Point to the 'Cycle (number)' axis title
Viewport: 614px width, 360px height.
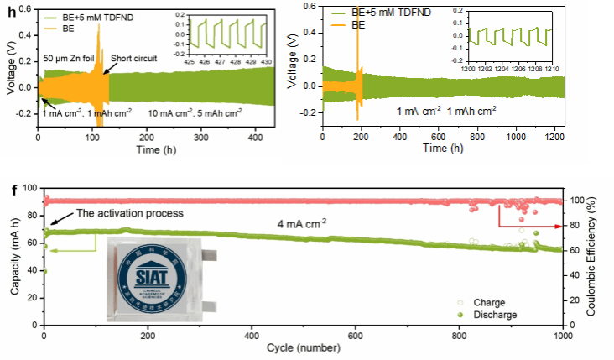pyautogui.click(x=303, y=348)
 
